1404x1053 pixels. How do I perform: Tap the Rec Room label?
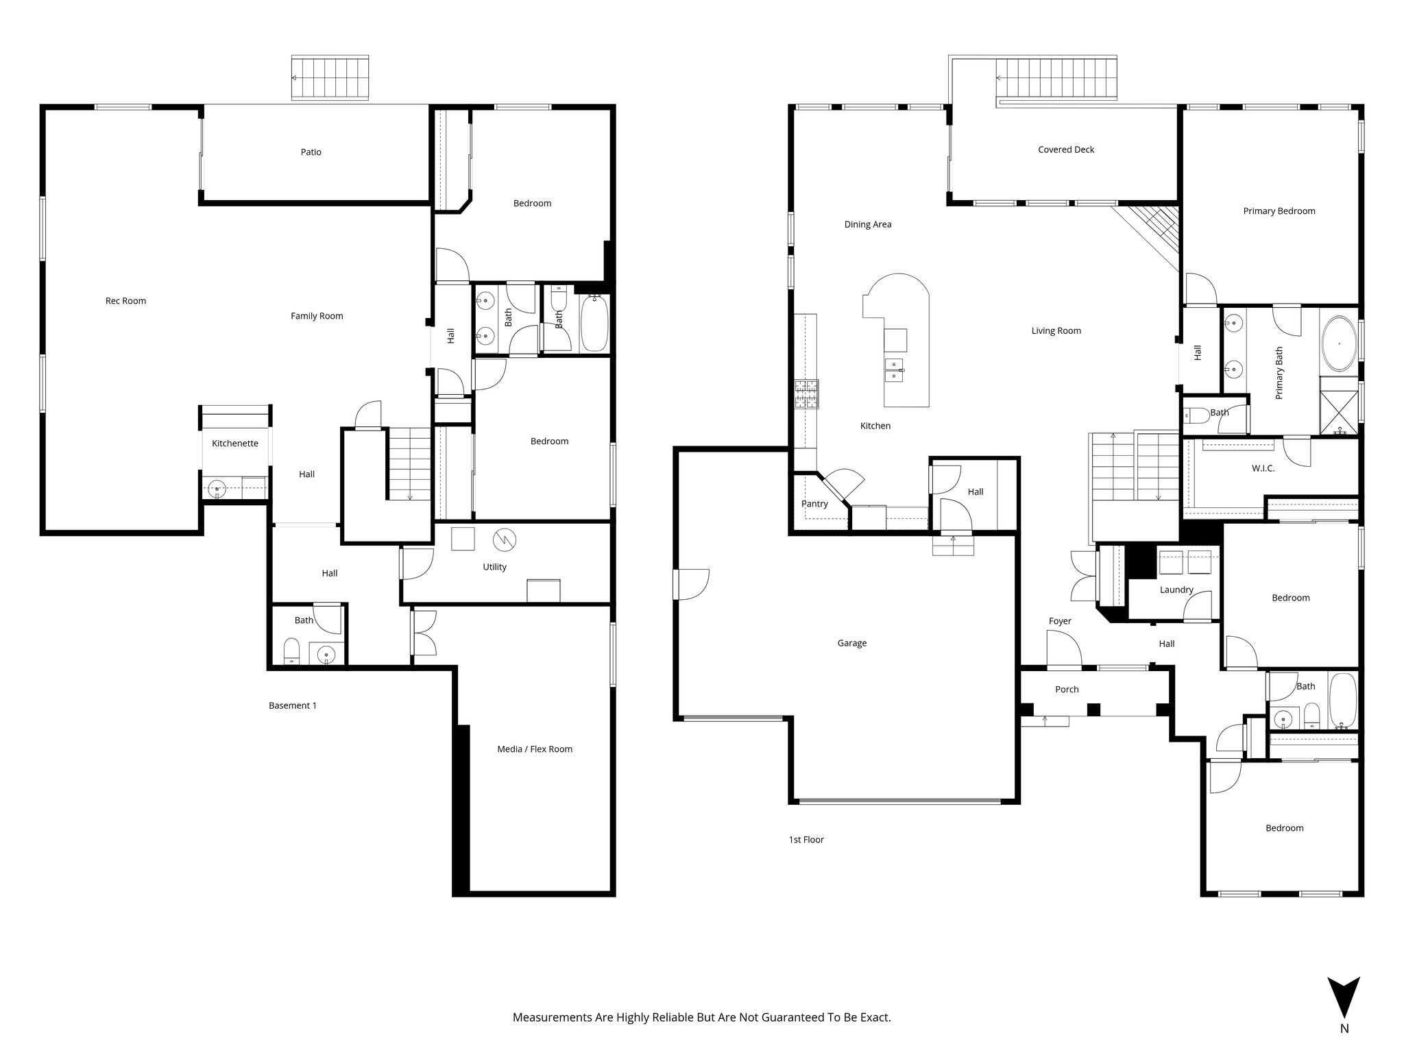tap(125, 301)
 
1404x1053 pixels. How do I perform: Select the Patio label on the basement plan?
tap(311, 152)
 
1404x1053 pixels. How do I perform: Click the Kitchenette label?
tap(234, 444)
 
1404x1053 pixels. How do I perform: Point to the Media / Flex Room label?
tap(535, 749)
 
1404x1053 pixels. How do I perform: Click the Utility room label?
tap(494, 567)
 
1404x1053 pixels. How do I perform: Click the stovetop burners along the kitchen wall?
tap(807, 395)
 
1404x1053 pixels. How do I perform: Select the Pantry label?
tap(814, 504)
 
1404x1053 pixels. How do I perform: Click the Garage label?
tap(851, 643)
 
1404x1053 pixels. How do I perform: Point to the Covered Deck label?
tap(1066, 149)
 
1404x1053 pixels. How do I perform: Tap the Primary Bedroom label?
tap(1279, 211)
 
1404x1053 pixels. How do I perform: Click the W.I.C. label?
tap(1263, 468)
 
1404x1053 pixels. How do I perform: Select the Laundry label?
tap(1176, 590)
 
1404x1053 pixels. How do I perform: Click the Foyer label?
tap(1060, 621)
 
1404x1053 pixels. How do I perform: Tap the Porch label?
tap(1067, 690)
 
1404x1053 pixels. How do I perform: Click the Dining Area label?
tap(867, 224)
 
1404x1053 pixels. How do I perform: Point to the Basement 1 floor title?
tap(293, 705)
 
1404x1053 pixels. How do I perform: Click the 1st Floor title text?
tap(806, 840)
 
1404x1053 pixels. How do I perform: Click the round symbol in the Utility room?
tap(505, 540)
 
